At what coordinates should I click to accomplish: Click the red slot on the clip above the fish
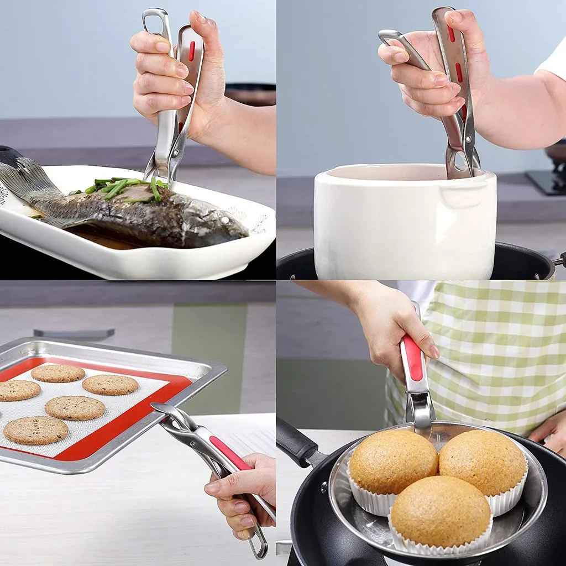192,51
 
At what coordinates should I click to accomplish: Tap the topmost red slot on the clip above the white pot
452,34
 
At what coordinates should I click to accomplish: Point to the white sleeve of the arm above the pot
553,61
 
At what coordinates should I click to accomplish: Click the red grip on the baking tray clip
229,453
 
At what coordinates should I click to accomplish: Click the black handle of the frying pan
296,442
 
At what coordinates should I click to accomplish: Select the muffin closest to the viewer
441,511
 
